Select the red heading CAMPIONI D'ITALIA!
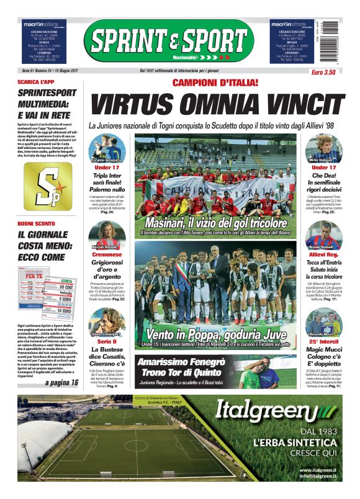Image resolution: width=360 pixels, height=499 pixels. (214, 83)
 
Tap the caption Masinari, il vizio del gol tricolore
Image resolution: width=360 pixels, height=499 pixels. (215, 222)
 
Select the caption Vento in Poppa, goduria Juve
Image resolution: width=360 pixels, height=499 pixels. (215, 335)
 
